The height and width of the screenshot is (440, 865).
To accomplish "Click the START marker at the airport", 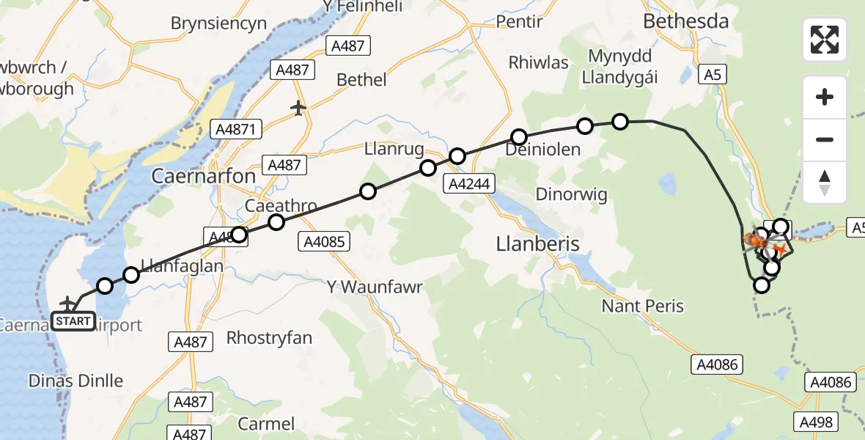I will [x=73, y=321].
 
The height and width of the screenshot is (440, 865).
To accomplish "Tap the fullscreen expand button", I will [x=825, y=40].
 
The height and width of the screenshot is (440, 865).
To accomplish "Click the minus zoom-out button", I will [x=825, y=139].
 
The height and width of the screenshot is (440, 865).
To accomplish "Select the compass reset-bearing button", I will [x=825, y=182].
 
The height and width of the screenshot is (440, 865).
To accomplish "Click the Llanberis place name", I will [x=537, y=243].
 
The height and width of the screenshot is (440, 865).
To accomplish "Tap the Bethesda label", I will [x=685, y=22].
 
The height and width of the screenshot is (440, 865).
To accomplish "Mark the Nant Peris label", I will [x=643, y=306].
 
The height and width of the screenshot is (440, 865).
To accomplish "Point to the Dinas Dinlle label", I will [x=76, y=381].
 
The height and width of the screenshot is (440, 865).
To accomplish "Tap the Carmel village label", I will [x=266, y=424].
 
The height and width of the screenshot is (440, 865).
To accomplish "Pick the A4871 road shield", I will [x=235, y=130].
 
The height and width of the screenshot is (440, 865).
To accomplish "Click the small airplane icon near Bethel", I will [x=298, y=109].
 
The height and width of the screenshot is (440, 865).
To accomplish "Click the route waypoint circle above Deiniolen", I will [x=519, y=137].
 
